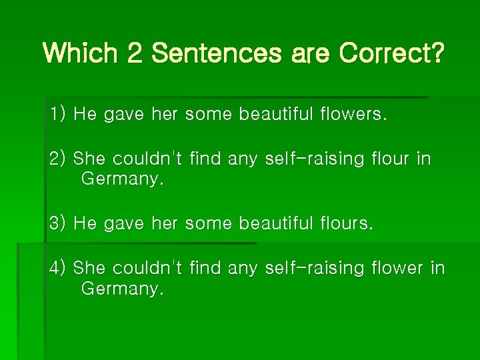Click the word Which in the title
coord(80,53)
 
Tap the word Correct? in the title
coord(391,53)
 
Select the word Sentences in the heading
coord(217,53)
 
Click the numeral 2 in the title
coord(135,53)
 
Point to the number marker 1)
coord(57,114)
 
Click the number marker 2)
coord(57,159)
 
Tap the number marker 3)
coord(57,223)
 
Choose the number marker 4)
coord(57,268)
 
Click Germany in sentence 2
coord(122,179)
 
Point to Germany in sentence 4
coord(122,289)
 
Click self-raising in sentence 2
coord(315,159)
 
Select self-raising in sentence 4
coord(315,268)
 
